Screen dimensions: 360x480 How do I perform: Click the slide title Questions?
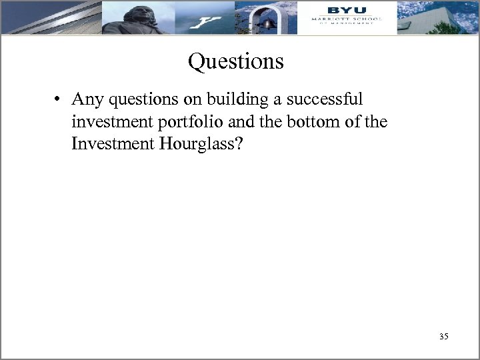pos(235,61)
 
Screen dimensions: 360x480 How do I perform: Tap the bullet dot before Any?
pos(59,100)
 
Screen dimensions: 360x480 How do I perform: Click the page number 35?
pos(444,337)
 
